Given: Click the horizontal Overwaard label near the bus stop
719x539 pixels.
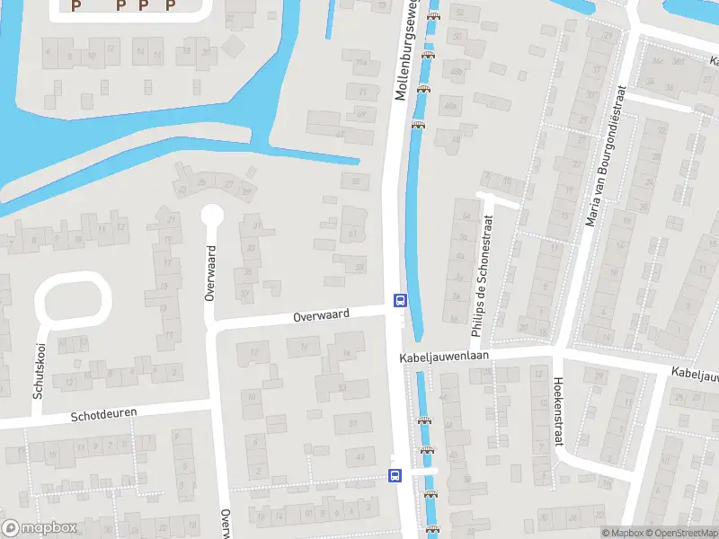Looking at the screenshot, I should point(320,316).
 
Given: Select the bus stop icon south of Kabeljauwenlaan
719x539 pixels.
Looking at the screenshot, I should point(395,474).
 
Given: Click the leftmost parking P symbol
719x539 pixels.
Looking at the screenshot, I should point(76,5).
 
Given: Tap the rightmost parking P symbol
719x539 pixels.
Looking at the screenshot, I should point(170,5).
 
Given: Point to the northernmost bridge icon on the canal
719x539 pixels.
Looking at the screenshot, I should point(434,15).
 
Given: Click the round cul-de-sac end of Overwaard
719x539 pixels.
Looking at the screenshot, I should point(212,216).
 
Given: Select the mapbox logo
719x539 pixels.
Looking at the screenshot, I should point(40,528).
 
